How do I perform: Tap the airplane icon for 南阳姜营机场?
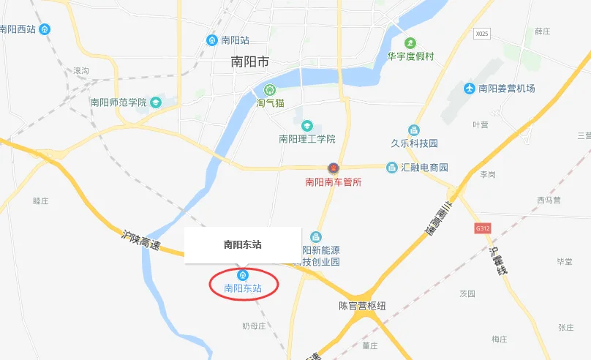point(470,89)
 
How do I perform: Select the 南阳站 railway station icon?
point(212,40)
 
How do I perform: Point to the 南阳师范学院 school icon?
point(156,102)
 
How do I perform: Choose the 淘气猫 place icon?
point(268,90)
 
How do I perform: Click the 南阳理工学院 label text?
point(307,139)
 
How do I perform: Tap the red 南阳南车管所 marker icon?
point(334,168)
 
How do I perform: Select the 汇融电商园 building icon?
point(392,168)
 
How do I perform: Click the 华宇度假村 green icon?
point(411,42)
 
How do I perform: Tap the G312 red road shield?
point(481,228)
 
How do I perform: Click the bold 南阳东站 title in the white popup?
point(243,245)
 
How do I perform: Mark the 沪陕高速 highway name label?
point(141,241)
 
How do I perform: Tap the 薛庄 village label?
point(542,31)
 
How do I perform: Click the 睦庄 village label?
point(42,200)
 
